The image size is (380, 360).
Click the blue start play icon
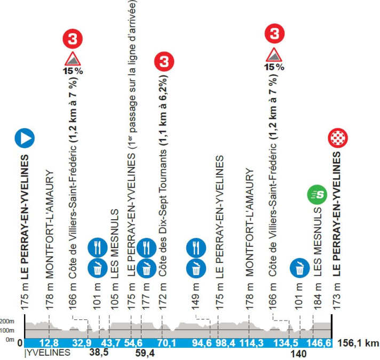[25, 138]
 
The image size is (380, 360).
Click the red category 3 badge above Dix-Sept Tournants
[163, 62]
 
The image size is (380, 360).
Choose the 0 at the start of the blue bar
[20, 343]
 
